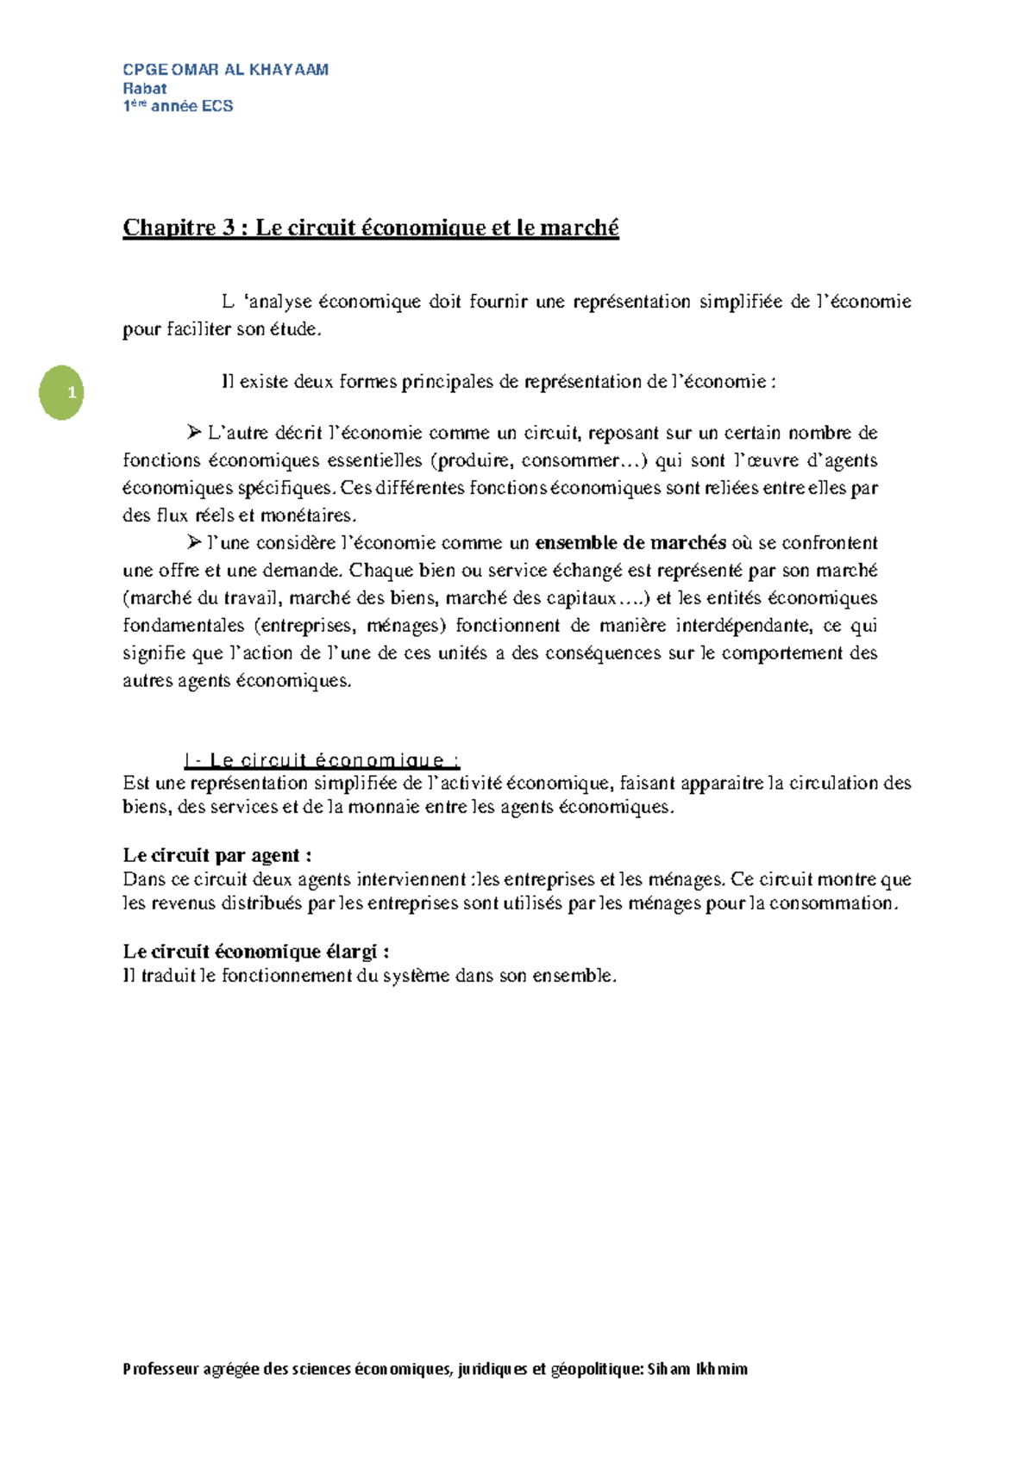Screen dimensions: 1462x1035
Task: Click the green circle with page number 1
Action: (x=61, y=393)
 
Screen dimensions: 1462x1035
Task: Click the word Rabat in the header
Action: (x=145, y=88)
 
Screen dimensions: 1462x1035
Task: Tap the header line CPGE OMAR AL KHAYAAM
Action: (x=225, y=70)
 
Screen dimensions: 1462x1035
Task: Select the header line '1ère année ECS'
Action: (x=178, y=106)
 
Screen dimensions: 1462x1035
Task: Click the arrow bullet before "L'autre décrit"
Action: (x=194, y=432)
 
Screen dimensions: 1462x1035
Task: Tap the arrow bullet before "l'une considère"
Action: (x=194, y=542)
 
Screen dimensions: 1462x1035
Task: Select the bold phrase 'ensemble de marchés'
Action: (x=630, y=542)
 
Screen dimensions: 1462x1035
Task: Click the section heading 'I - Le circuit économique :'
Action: (x=322, y=760)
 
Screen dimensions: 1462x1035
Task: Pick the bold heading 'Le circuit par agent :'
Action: (x=217, y=855)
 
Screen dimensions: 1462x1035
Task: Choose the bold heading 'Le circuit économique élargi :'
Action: (x=256, y=952)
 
